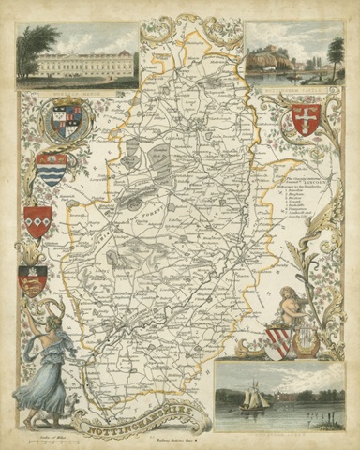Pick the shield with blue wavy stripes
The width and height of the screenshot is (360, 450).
point(52,170)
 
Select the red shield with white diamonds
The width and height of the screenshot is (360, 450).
point(38,221)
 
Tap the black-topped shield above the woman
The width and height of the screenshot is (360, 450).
point(33,279)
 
